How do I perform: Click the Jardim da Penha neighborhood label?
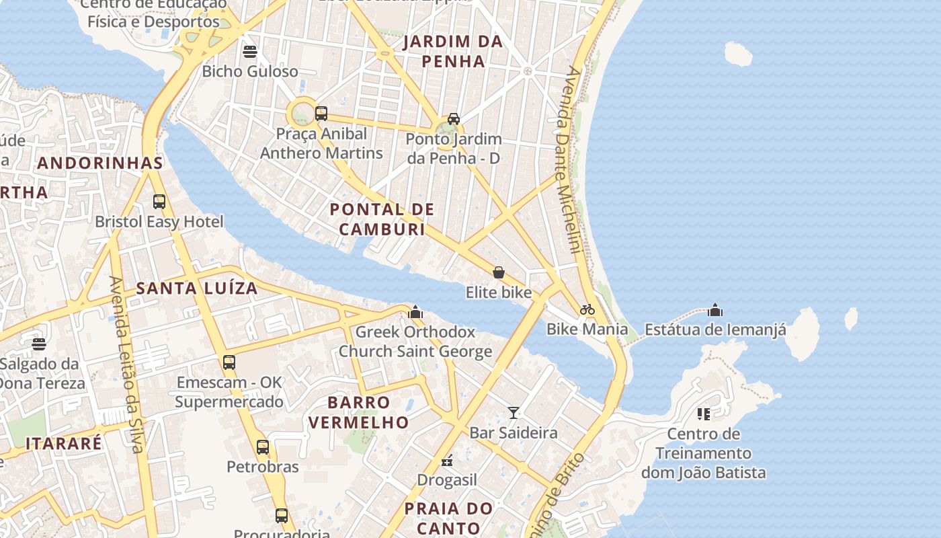pos(452,51)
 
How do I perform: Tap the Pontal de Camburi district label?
pos(382,219)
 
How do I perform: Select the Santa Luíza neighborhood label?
pos(197,289)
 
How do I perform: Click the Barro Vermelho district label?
pos(358,412)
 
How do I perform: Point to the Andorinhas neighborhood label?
pos(100,163)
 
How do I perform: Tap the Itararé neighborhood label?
pos(64,444)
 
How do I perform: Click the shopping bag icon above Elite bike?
pos(499,272)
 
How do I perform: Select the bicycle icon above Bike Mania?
pos(587,309)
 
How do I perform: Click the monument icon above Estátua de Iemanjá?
pos(715,310)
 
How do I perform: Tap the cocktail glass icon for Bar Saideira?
pos(514,412)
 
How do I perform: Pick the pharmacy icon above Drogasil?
pos(447,461)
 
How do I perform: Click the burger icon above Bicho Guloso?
pos(250,52)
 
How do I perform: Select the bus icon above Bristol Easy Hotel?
pos(159,201)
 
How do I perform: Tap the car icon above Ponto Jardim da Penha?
pos(454,119)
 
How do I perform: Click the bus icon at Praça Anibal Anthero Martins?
pos(321,113)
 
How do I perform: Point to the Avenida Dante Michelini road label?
pos(567,160)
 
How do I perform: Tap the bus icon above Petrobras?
pos(263,447)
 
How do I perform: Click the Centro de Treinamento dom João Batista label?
pos(704,453)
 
